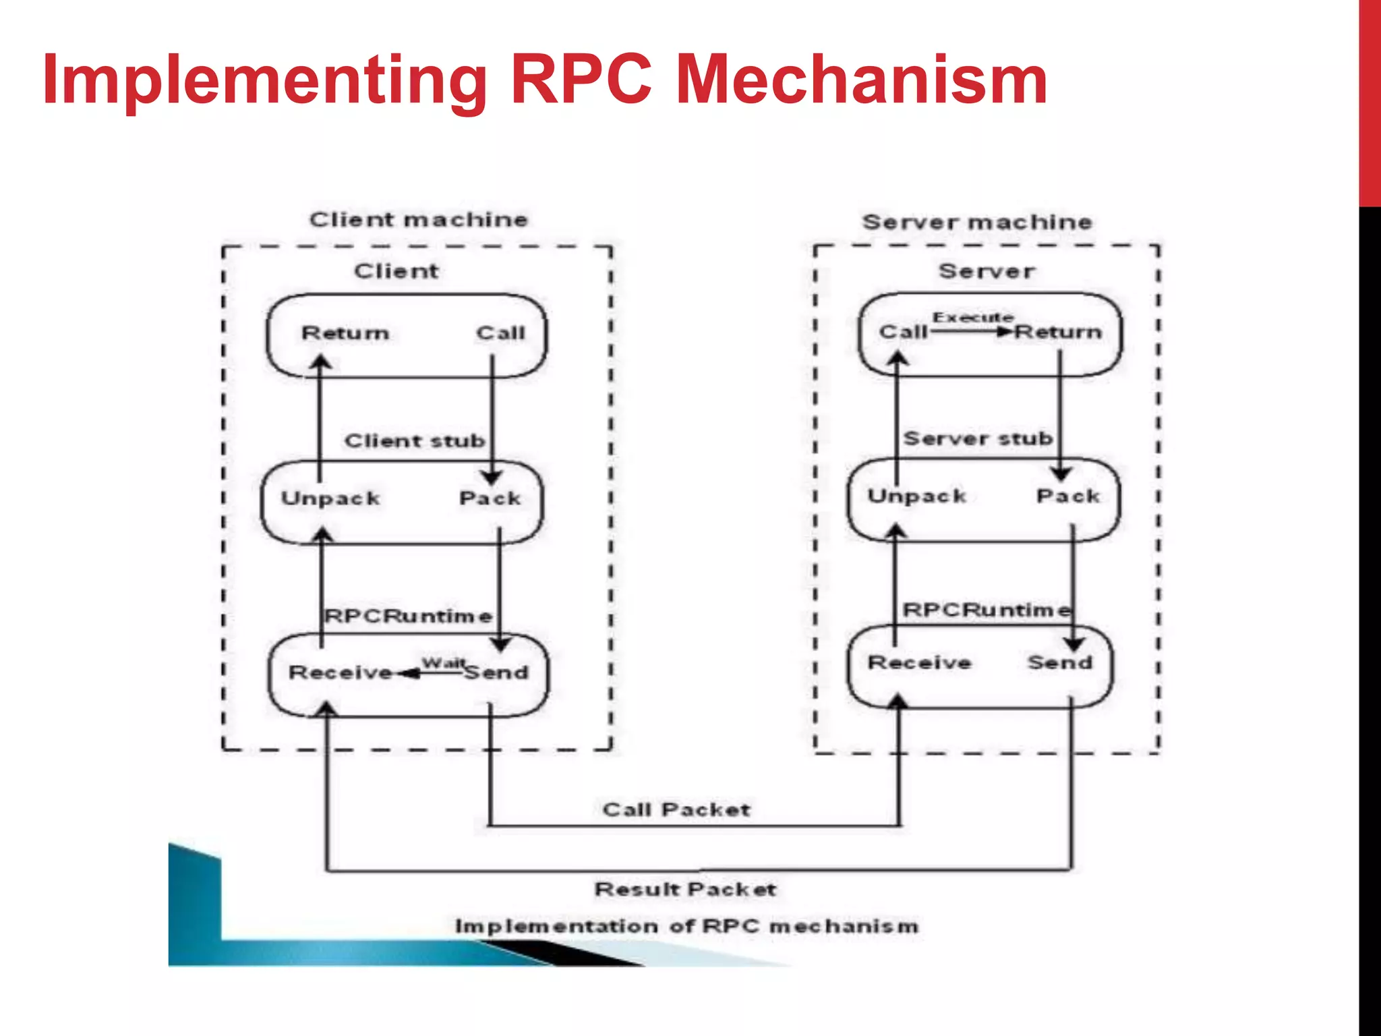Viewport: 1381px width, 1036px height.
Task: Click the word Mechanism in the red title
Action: pyautogui.click(x=861, y=81)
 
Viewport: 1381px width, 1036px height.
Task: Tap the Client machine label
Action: pyautogui.click(x=418, y=220)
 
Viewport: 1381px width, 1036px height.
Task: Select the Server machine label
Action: pyautogui.click(x=976, y=222)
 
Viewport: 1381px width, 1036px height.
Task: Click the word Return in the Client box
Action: pyautogui.click(x=345, y=333)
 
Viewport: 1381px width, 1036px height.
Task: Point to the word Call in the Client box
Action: pyautogui.click(x=500, y=333)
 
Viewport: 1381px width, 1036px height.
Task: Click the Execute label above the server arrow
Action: pyautogui.click(x=972, y=318)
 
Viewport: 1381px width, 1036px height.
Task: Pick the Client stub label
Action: pyautogui.click(x=414, y=441)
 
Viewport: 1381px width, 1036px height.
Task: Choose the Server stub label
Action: pyautogui.click(x=978, y=439)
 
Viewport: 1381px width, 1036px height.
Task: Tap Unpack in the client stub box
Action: pyautogui.click(x=330, y=498)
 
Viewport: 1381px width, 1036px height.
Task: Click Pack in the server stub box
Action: pyautogui.click(x=1067, y=496)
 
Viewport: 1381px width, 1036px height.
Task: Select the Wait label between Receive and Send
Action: pyautogui.click(x=443, y=663)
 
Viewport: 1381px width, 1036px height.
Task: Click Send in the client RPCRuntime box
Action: pyautogui.click(x=497, y=672)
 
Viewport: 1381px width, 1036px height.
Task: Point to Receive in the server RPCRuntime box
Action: pyautogui.click(x=919, y=663)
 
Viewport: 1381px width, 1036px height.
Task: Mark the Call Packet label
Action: pyautogui.click(x=676, y=810)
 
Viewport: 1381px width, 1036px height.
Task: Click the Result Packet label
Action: pyautogui.click(x=685, y=890)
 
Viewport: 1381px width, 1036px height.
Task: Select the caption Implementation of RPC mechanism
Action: pyautogui.click(x=686, y=926)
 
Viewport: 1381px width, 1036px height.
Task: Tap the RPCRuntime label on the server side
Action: pyautogui.click(x=986, y=610)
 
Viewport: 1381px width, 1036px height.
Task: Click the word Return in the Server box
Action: pyautogui.click(x=1058, y=332)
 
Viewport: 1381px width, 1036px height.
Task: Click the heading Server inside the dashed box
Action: pyautogui.click(x=986, y=272)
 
